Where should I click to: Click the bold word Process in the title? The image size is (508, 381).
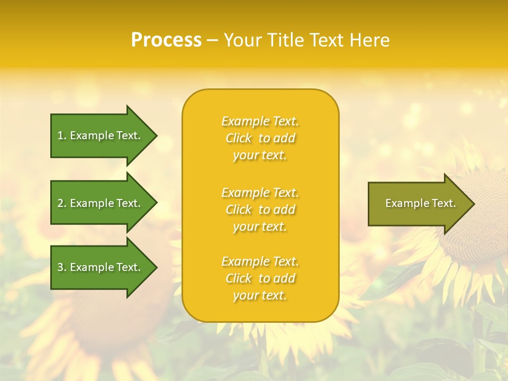166,40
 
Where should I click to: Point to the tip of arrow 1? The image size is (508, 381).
156,135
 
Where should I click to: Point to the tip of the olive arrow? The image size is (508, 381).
473,203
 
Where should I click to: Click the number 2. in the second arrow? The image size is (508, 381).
62,203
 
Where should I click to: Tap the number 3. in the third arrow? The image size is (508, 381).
62,267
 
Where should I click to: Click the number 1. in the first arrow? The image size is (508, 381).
62,135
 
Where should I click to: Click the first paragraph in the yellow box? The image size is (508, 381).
260,138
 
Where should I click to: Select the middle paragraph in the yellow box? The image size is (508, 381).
260,210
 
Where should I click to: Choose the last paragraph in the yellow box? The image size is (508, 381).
260,278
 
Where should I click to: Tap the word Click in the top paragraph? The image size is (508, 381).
239,138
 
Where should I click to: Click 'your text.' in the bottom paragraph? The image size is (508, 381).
260,295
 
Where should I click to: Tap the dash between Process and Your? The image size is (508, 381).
212,40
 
